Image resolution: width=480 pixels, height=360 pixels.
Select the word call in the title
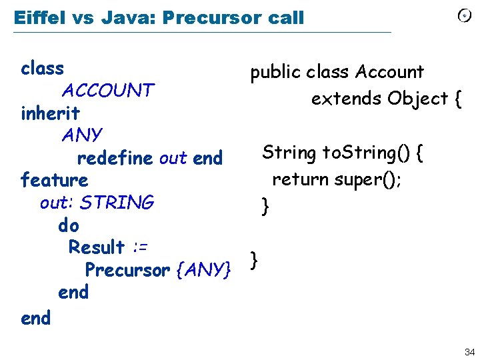point(282,17)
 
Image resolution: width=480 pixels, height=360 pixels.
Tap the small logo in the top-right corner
point(465,16)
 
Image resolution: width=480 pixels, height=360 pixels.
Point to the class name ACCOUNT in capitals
point(107,90)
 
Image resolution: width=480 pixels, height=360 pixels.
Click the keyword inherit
point(50,113)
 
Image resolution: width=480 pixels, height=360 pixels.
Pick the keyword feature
point(54,180)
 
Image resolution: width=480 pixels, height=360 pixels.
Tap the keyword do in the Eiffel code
point(69,225)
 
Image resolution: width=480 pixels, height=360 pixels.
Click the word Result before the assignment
point(97,247)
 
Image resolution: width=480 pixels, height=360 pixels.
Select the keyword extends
point(346,99)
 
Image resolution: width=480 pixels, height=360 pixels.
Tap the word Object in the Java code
point(418,99)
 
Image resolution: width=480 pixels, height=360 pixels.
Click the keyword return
point(303,179)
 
